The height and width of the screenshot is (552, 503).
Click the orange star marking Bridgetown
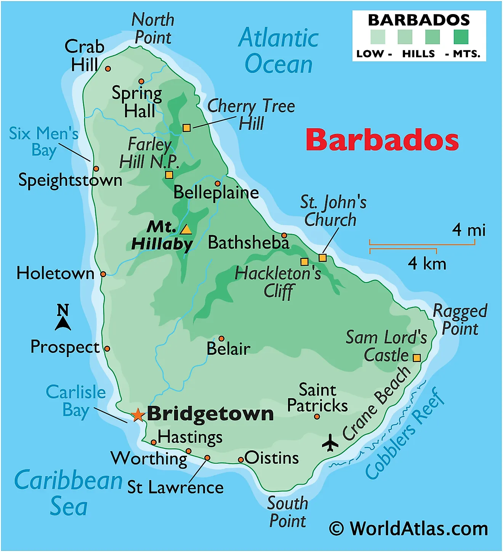click(x=138, y=415)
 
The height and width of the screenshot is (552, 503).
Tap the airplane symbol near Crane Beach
click(x=330, y=442)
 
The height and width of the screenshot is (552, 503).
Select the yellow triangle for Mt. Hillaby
click(x=186, y=230)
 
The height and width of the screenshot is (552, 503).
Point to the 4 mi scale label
click(x=468, y=230)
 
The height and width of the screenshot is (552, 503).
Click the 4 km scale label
click(x=426, y=263)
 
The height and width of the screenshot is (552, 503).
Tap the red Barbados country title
click(x=382, y=140)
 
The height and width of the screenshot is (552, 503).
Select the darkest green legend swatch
click(x=461, y=37)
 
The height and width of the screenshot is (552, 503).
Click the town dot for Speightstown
click(x=96, y=169)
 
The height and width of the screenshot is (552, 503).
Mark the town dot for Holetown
click(x=103, y=274)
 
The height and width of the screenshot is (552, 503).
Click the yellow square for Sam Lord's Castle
click(x=417, y=358)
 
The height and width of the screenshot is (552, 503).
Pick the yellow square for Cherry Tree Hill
click(x=186, y=128)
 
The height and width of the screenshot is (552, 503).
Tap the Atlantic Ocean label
click(x=279, y=51)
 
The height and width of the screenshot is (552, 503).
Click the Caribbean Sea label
click(x=69, y=493)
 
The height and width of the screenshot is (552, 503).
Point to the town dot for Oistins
click(x=240, y=460)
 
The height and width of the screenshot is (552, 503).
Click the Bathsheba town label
click(x=248, y=242)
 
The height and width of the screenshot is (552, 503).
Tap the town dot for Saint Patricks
click(x=317, y=417)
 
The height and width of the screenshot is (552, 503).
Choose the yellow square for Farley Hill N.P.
click(x=169, y=175)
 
